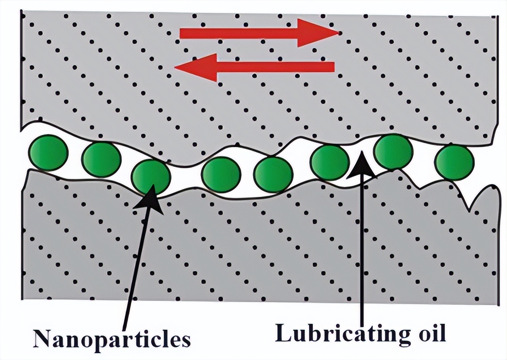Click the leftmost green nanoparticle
49,153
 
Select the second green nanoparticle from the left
101,159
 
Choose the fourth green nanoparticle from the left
221,174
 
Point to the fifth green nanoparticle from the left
273,174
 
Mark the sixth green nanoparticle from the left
330,162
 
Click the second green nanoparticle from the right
393,152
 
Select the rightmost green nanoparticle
454,162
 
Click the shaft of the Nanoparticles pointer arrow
134,269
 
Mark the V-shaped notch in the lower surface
471,206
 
